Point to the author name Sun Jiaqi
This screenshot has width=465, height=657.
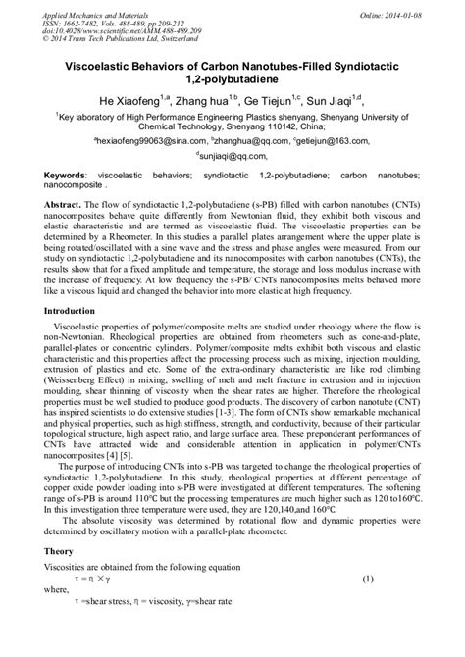click(x=357, y=101)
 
